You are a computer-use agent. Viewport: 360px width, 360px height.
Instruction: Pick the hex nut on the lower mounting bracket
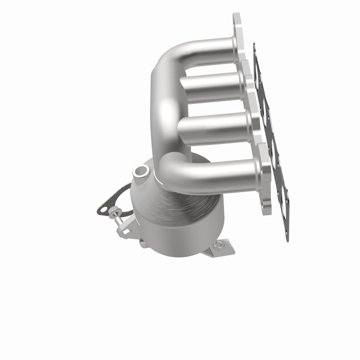pyautogui.click(x=219, y=245)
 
